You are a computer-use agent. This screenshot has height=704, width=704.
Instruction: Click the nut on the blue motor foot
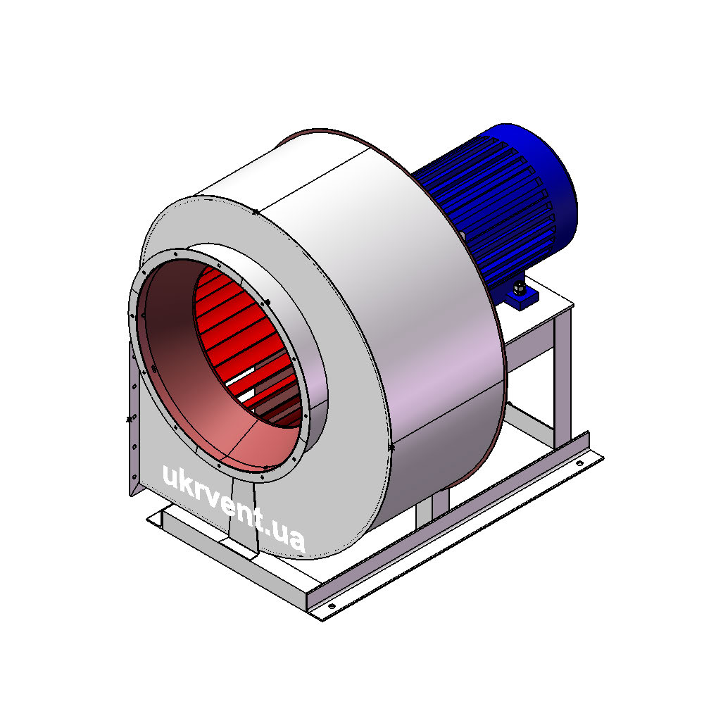520,288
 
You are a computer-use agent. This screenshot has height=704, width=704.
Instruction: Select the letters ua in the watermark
289,536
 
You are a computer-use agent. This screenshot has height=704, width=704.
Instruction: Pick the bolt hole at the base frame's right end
579,463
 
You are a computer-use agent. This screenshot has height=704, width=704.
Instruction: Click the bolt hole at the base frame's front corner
332,607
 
